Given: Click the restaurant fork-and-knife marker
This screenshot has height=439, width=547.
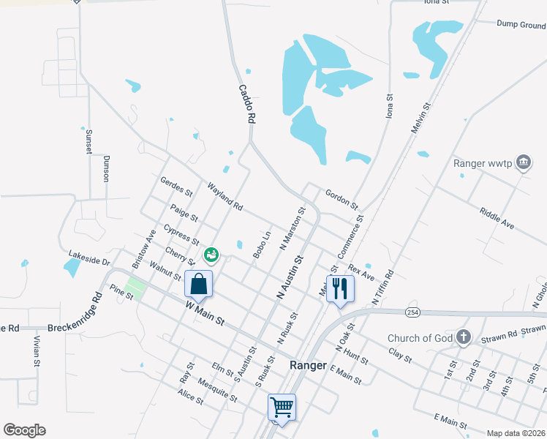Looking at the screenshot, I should coord(340,288).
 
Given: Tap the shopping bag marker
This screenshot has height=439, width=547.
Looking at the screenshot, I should coord(199,283).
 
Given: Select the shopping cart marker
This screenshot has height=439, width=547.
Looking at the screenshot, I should coord(282,407).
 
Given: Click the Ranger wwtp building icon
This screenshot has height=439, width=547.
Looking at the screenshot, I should coord(524,162).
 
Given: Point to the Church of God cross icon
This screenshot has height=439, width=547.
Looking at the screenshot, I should coord(462,337).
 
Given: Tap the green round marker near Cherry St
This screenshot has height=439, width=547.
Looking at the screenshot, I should coord(211,255).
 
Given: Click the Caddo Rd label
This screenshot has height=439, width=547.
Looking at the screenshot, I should coord(247,103).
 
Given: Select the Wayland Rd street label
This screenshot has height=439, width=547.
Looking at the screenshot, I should coord(225,197).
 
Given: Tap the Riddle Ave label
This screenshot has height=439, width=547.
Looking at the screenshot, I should coord(497,218).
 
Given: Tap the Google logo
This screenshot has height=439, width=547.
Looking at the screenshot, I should coord(24,430).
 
